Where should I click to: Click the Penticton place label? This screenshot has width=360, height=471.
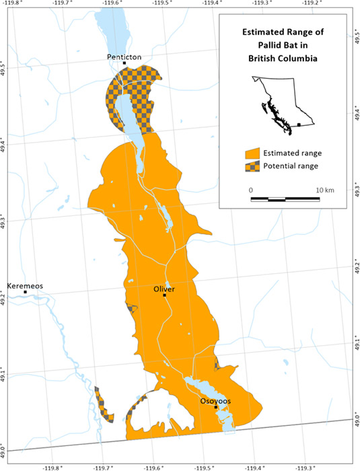[124, 57]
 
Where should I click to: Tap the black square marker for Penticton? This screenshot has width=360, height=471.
[124, 64]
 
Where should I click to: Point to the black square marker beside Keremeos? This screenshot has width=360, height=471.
[26, 292]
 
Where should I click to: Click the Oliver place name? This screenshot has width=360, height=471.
[164, 289]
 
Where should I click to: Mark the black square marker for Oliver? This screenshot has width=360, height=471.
[164, 295]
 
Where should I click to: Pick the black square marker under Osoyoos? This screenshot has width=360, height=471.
[216, 407]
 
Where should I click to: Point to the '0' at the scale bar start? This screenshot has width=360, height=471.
[251, 190]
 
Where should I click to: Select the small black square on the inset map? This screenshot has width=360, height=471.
[299, 124]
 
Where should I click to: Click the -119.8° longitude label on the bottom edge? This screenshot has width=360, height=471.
[52, 466]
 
